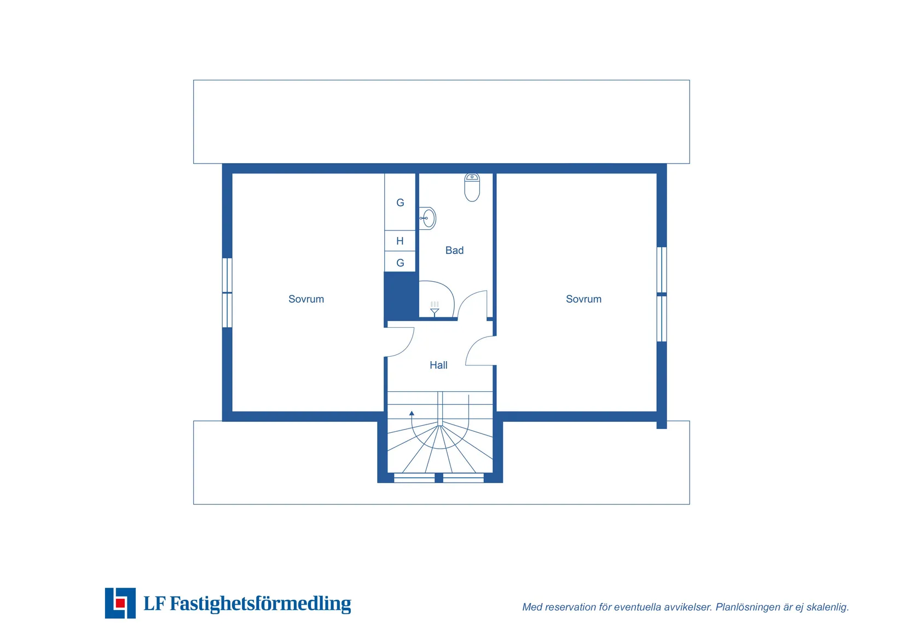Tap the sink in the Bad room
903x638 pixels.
pos(428,218)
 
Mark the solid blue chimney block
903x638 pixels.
pos(401,297)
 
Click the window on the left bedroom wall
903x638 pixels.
pos(227,293)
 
